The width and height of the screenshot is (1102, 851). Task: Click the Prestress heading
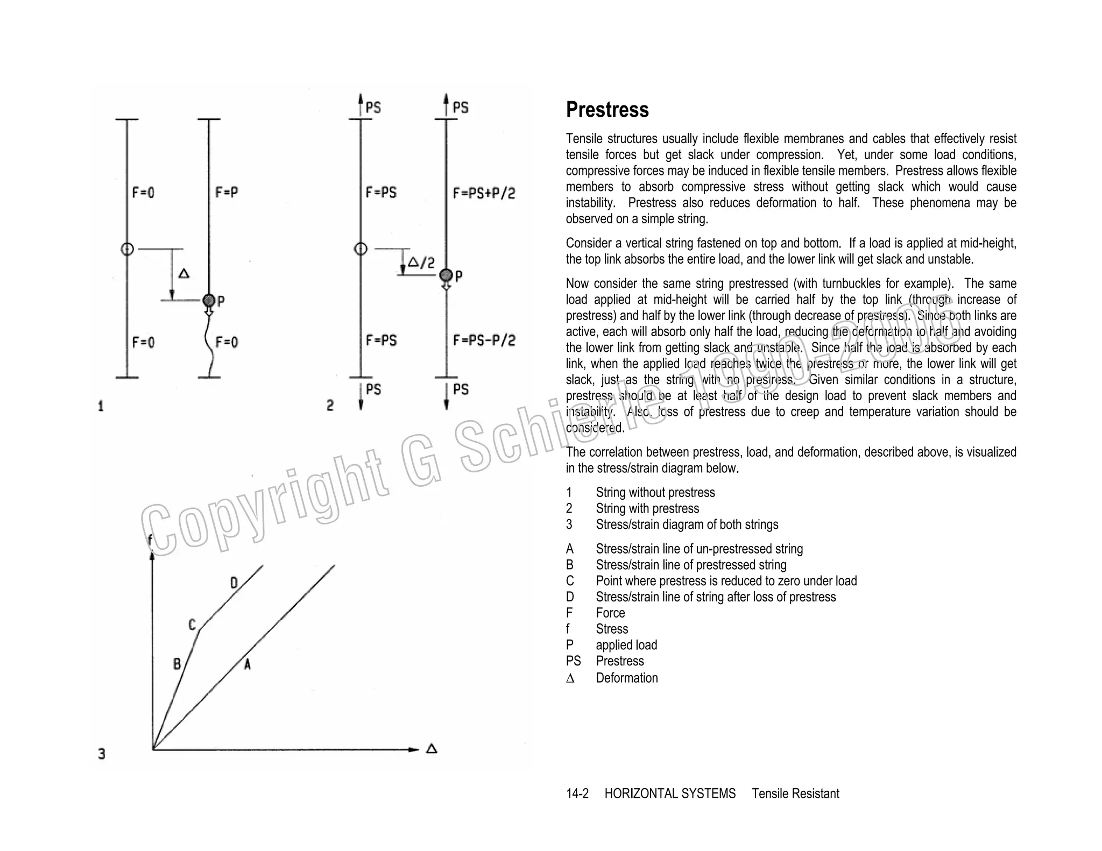(x=607, y=110)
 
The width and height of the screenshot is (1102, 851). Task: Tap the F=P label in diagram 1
(x=227, y=192)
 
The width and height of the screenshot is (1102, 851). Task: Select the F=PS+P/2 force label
(x=484, y=193)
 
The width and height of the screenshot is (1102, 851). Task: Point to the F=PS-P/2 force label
(x=484, y=341)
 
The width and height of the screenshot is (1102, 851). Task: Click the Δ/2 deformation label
(x=421, y=263)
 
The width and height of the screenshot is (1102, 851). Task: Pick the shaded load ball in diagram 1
(x=209, y=300)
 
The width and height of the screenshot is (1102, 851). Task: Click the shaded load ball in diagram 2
(x=446, y=275)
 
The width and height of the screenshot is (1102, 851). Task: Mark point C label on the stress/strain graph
(x=192, y=625)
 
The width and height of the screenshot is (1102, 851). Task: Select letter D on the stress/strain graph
(x=234, y=583)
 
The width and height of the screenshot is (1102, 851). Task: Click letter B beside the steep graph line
(x=177, y=664)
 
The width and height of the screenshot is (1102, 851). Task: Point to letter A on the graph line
(x=247, y=664)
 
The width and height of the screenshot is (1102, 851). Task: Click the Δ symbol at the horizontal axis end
(x=432, y=749)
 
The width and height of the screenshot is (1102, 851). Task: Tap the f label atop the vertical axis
(x=150, y=540)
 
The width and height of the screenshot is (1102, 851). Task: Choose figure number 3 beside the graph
(x=102, y=754)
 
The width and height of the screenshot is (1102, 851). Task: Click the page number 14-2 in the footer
(x=577, y=793)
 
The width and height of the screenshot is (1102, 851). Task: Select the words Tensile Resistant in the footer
(x=795, y=793)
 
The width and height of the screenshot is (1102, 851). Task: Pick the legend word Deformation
(x=626, y=678)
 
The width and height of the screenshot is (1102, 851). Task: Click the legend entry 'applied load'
(x=626, y=645)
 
